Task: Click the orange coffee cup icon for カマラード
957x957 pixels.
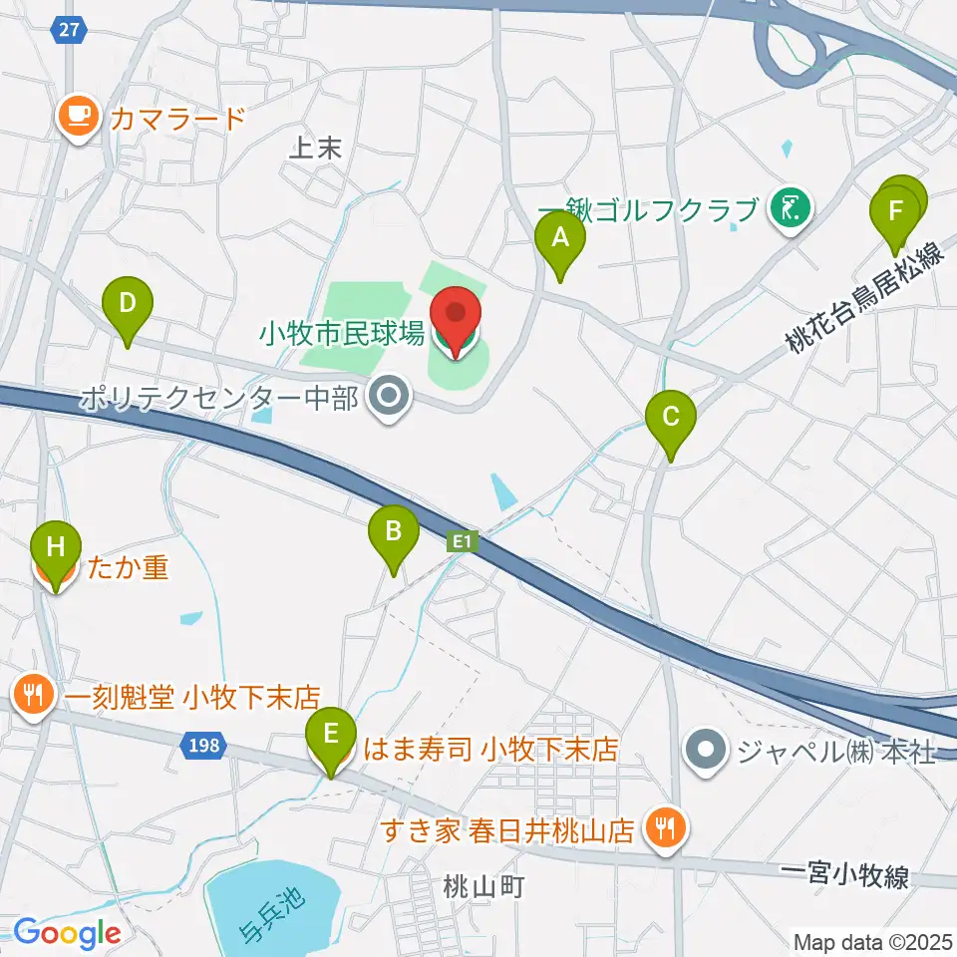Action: (x=77, y=117)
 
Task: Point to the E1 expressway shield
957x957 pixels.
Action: (x=461, y=541)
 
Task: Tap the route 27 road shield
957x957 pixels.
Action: (x=67, y=30)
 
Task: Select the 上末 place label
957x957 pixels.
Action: (x=315, y=149)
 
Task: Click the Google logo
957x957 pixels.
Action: (x=67, y=933)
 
